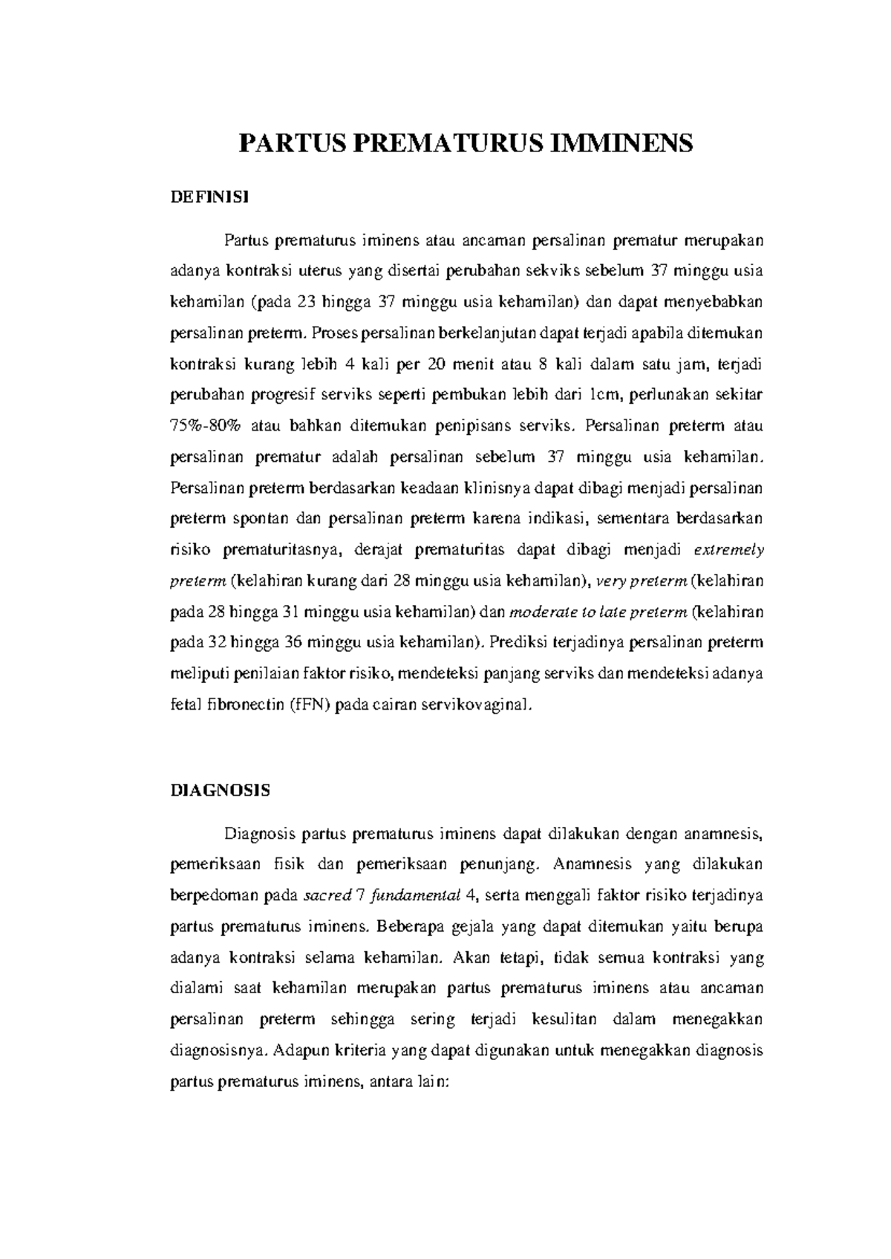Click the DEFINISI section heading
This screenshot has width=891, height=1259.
210,197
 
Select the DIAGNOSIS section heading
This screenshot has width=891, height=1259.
221,790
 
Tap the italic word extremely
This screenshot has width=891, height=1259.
728,550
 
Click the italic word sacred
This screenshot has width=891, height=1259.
327,895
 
